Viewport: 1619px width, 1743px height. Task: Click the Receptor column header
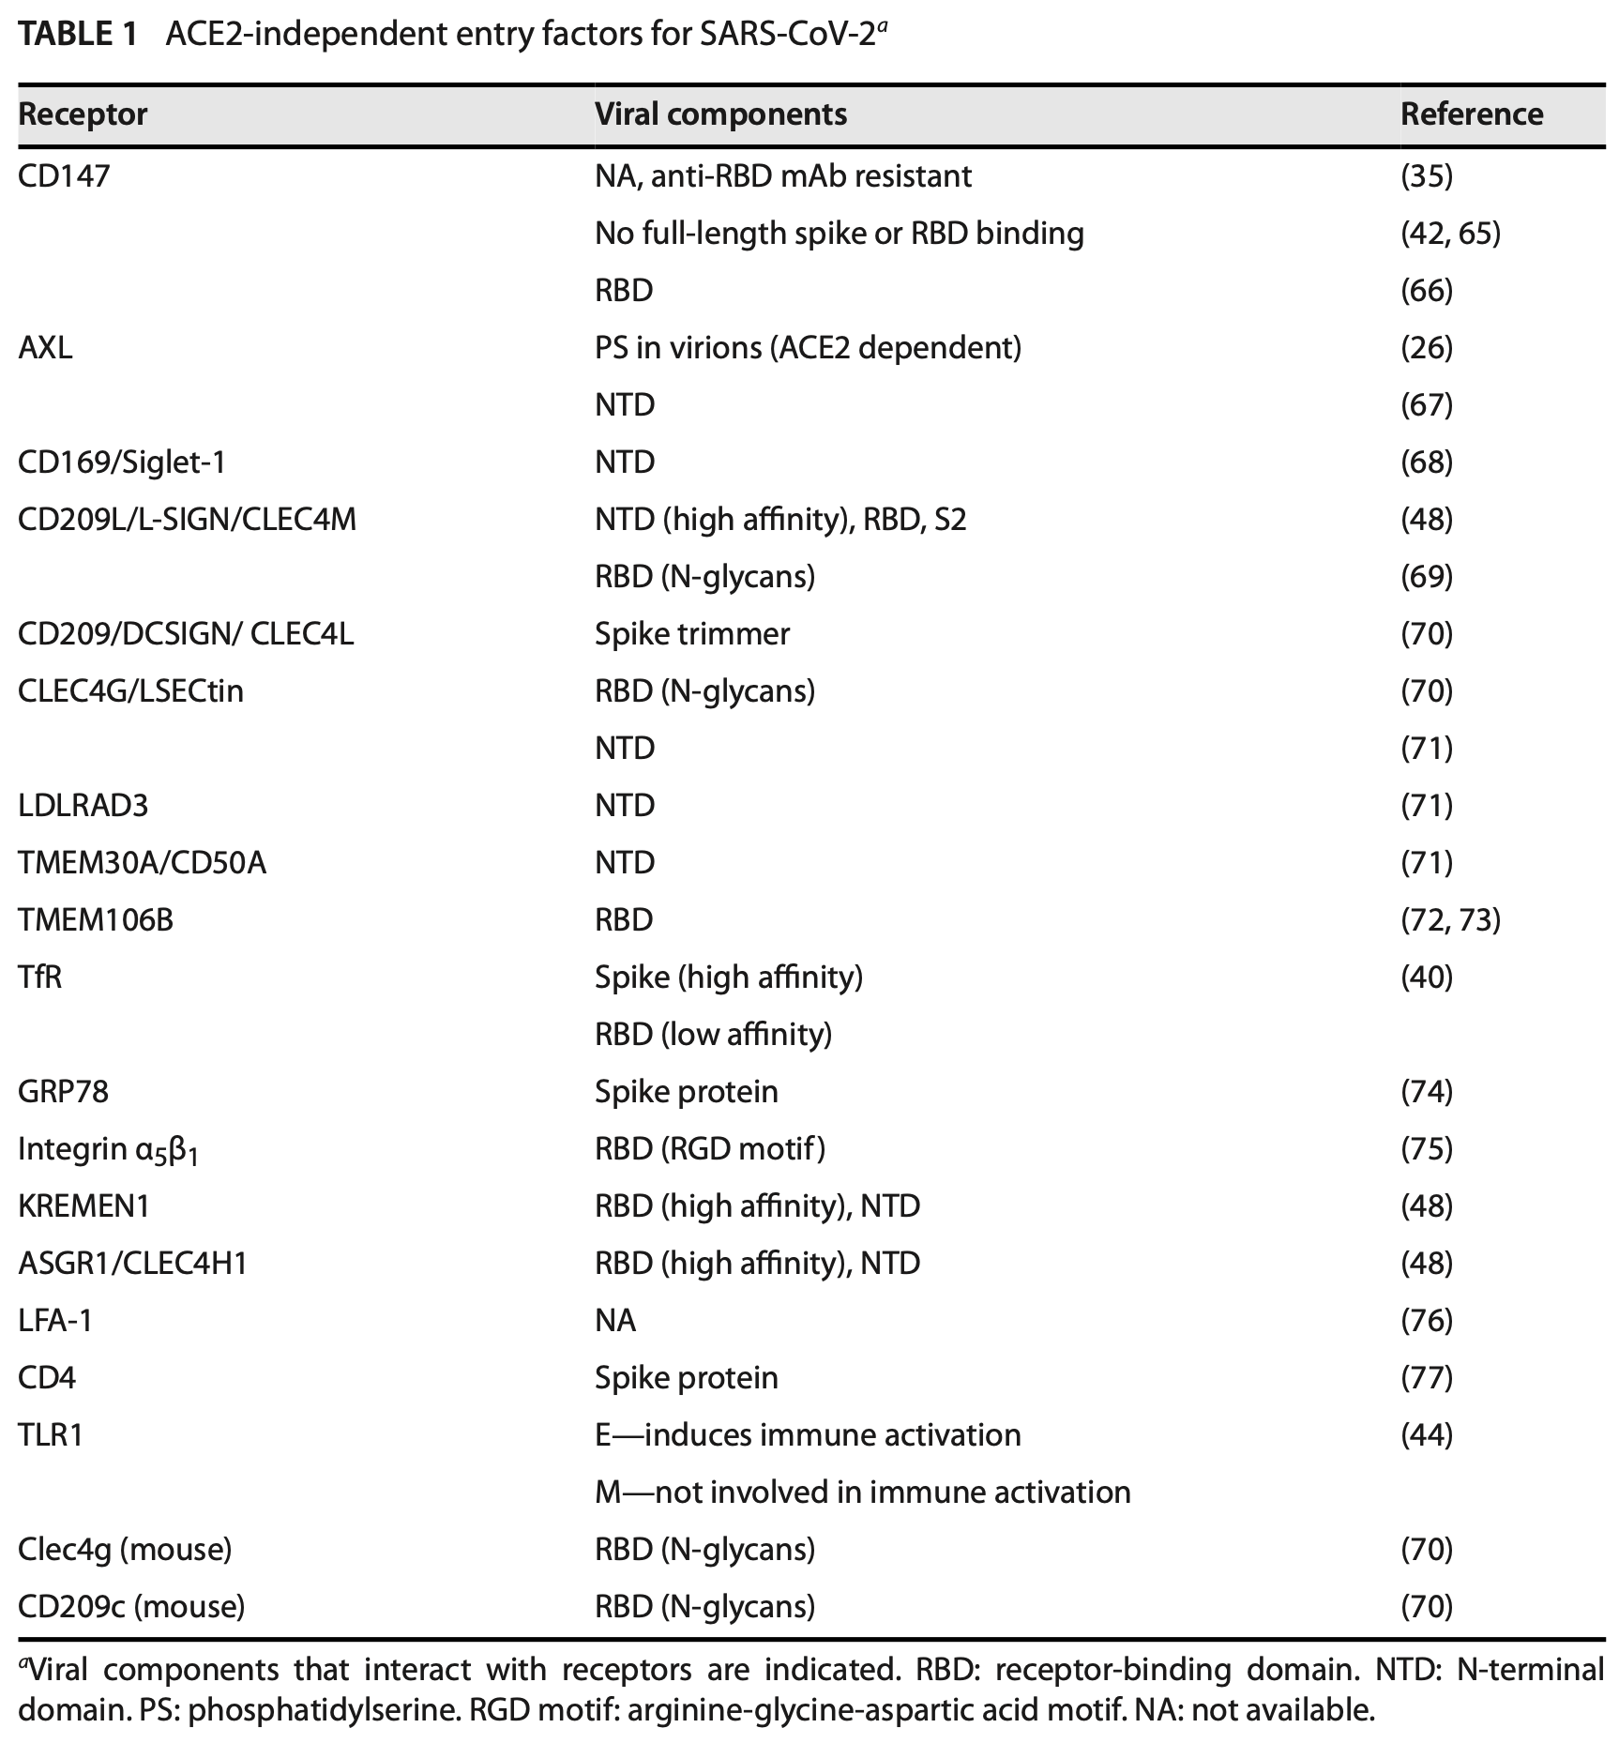pos(83,114)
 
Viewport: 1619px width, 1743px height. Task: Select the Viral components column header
pos(720,114)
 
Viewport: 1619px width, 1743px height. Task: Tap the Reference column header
pos(1471,114)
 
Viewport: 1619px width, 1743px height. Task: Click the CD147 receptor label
pos(64,176)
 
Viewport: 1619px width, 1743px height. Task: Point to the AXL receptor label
pos(45,348)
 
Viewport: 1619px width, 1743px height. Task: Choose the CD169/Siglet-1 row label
pos(122,462)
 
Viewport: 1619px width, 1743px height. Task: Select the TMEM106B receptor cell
pos(96,920)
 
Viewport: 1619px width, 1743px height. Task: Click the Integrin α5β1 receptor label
pos(109,1150)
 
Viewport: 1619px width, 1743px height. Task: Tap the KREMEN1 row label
pos(83,1206)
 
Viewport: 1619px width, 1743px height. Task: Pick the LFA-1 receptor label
pos(55,1321)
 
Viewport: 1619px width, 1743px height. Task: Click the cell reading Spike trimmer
pos(692,634)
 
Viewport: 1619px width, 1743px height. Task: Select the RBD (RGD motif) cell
pos(710,1149)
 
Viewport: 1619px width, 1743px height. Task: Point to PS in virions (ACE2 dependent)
pos(808,348)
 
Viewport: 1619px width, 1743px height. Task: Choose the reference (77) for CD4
pos(1426,1378)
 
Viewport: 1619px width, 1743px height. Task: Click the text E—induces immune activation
pos(808,1435)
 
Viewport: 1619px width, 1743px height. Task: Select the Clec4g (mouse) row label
pos(125,1550)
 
